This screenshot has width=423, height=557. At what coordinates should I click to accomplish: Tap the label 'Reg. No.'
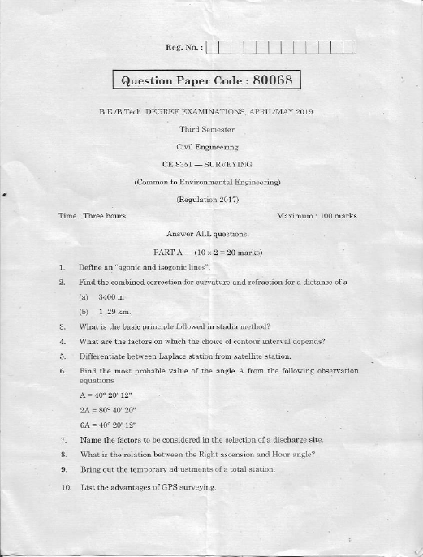click(183, 48)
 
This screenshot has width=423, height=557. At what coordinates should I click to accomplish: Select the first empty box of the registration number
click(214, 48)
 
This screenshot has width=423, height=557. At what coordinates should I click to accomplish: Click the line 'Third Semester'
click(206, 129)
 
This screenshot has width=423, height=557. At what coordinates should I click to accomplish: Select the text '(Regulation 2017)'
click(206, 199)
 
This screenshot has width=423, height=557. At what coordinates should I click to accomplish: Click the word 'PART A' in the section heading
click(169, 251)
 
